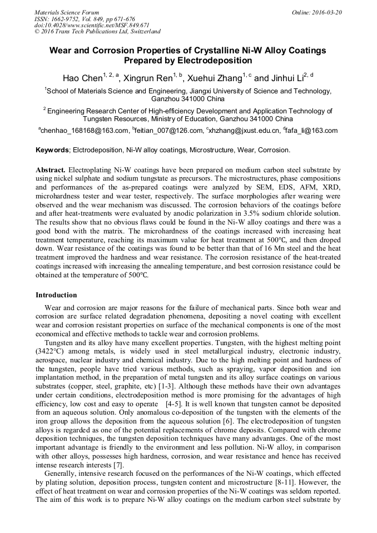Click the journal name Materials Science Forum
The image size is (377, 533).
pos(67,12)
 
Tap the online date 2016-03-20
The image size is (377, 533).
pos(325,12)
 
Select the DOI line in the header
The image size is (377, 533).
pos(91,25)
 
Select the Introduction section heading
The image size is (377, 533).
pos(56,295)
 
